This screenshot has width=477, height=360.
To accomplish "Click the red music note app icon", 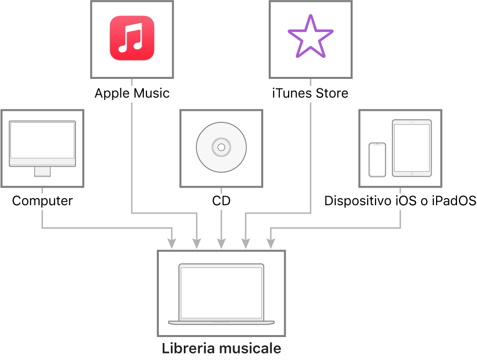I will [132, 38].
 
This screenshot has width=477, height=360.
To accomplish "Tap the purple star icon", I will [310, 36].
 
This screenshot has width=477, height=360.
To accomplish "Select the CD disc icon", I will [221, 147].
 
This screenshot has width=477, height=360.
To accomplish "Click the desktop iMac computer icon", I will [42, 147].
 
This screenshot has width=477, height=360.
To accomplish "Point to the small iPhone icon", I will [377, 160].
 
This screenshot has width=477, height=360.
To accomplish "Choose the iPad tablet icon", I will [412, 148].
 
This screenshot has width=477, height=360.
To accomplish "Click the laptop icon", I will [221, 294].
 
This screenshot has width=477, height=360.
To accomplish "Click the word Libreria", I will [185, 348].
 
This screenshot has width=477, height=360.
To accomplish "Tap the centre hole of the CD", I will [221, 147].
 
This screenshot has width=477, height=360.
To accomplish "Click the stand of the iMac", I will [42, 171].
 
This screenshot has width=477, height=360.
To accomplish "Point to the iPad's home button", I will [412, 174].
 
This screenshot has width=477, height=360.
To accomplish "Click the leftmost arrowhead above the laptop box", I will [172, 244].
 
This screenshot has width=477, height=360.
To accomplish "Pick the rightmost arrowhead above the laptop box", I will [271, 244].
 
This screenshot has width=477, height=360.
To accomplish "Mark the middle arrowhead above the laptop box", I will [221, 244].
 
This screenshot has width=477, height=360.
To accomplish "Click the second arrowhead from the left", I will [197, 244].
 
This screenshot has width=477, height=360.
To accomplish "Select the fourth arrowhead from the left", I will [246, 244].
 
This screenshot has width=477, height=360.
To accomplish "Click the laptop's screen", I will [221, 292].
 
